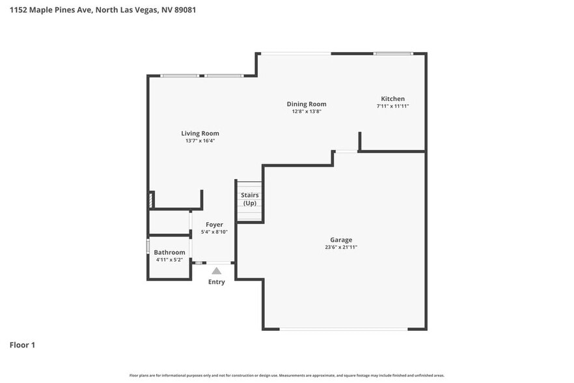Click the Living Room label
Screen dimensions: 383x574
200,134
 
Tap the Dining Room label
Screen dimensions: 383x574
307,104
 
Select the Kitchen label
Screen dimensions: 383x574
392,98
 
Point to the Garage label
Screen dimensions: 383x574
340,240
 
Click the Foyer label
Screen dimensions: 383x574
214,225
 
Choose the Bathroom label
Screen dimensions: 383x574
169,252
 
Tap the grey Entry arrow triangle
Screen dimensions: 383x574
216,271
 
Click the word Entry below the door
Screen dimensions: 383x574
216,282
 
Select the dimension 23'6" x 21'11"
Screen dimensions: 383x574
341,248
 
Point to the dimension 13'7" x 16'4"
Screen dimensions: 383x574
200,141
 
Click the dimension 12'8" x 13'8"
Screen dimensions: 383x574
307,111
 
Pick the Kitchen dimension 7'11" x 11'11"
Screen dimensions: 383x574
392,106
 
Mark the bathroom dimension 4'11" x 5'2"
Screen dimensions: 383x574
169,260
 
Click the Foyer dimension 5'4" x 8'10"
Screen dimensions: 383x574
214,232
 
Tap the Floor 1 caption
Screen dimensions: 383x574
22,345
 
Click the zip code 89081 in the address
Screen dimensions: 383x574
184,10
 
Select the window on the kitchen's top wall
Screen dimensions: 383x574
392,53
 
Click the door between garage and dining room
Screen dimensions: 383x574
346,152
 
